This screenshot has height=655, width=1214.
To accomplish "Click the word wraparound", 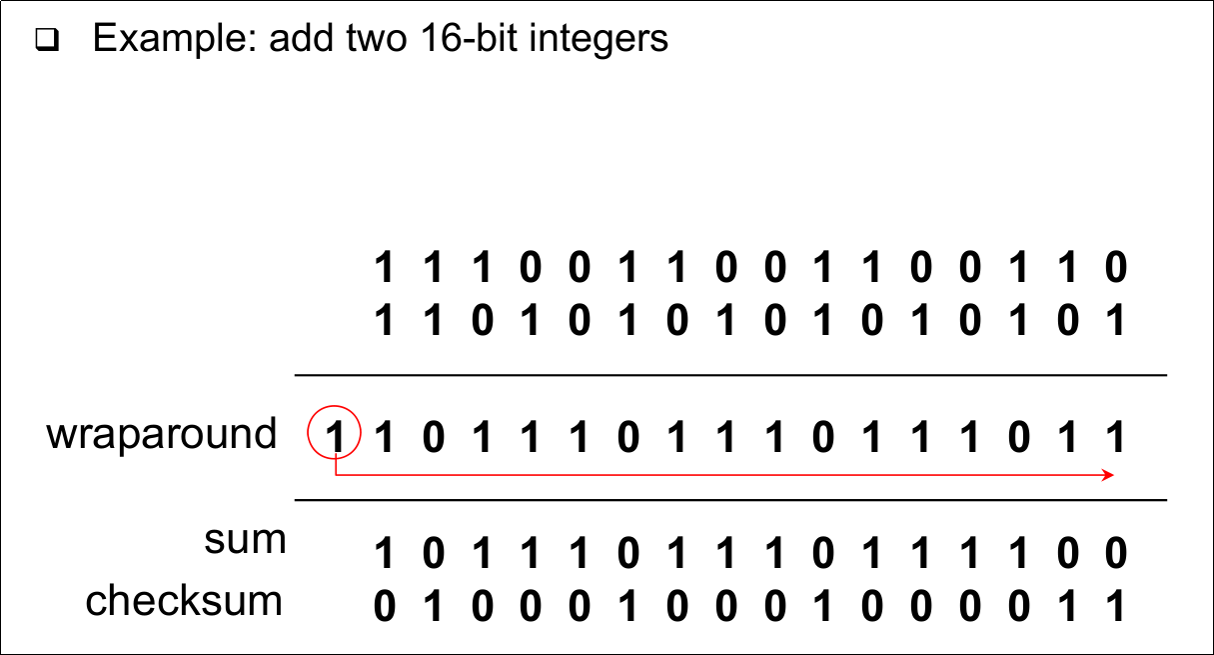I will pyautogui.click(x=161, y=435).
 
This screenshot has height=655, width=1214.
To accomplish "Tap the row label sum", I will pyautogui.click(x=245, y=540).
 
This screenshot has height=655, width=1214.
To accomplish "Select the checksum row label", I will pyautogui.click(x=184, y=602).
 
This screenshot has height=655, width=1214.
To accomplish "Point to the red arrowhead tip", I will pyautogui.click(x=1112, y=475).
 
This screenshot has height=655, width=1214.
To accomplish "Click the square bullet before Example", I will pyautogui.click(x=47, y=43).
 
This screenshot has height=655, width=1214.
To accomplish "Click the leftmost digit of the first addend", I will pyautogui.click(x=384, y=268).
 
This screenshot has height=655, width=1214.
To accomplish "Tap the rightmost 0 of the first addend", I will pyautogui.click(x=1117, y=268).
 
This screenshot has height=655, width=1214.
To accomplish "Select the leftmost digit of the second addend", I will pyautogui.click(x=384, y=322).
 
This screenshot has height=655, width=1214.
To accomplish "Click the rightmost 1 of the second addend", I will pyautogui.click(x=1117, y=322).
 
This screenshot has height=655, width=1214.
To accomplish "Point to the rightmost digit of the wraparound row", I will pyautogui.click(x=1117, y=437).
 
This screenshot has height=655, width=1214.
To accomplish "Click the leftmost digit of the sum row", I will pyautogui.click(x=384, y=553).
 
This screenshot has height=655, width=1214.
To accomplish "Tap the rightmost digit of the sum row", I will pyautogui.click(x=1117, y=553).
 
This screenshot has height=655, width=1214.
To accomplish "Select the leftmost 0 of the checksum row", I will pyautogui.click(x=384, y=607).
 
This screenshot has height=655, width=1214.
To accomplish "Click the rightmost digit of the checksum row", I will pyautogui.click(x=1117, y=607).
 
